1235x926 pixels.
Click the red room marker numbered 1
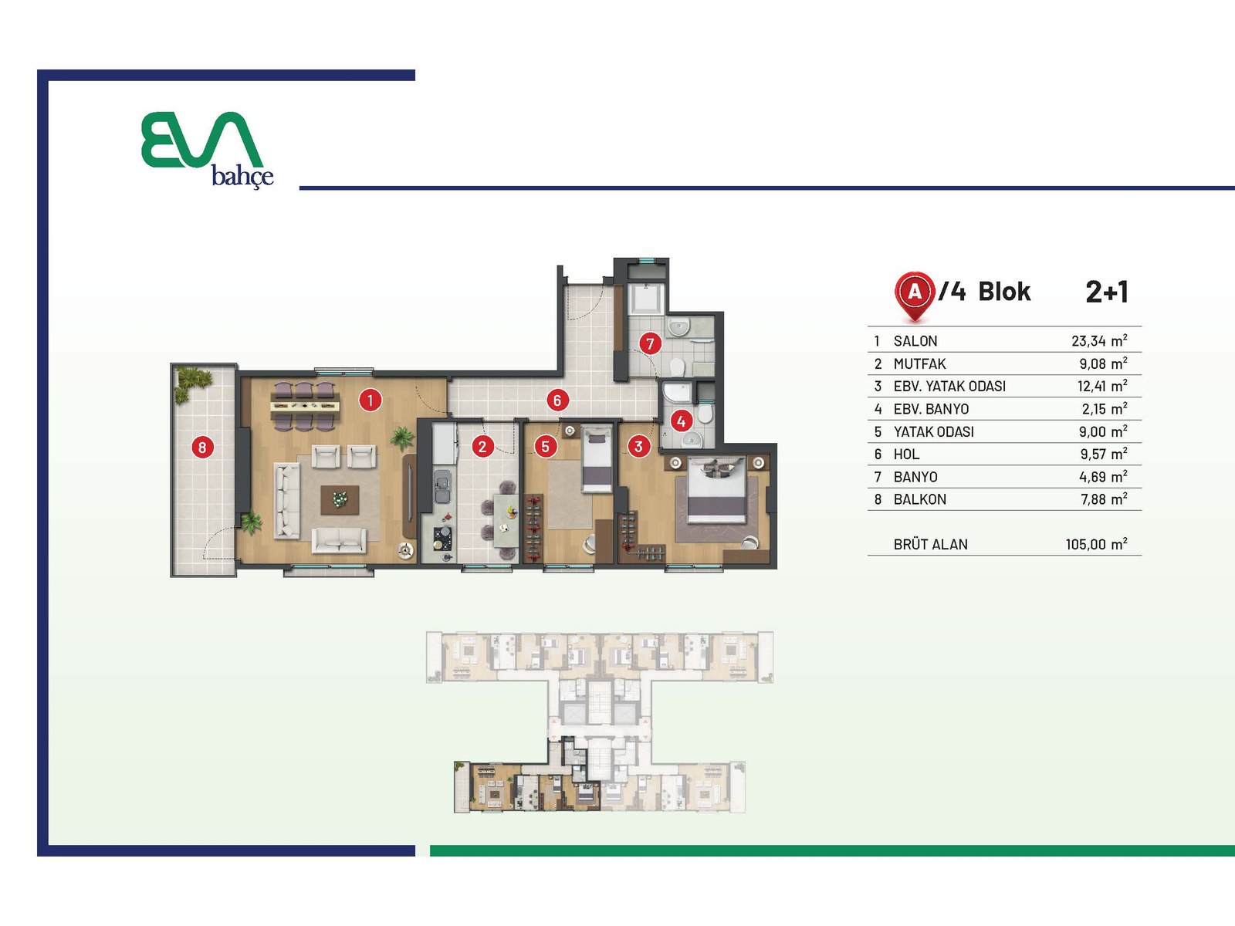(370, 400)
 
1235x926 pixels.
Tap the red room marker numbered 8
(202, 448)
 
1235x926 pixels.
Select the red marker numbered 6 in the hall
(557, 400)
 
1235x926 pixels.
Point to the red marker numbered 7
(650, 343)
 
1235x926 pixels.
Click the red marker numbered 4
(682, 421)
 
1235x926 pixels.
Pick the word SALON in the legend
(915, 341)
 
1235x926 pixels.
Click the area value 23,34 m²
(1099, 341)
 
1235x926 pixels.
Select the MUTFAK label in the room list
(920, 364)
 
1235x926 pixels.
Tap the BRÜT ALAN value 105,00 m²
(1096, 544)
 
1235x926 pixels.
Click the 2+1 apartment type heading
(1107, 292)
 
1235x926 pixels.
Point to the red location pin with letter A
(915, 296)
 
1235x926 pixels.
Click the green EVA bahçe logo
(207, 149)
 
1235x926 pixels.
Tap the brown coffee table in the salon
(340, 500)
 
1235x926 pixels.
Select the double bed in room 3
(716, 490)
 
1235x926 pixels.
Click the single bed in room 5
(597, 459)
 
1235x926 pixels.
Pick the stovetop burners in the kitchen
(443, 538)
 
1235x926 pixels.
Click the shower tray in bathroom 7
(647, 299)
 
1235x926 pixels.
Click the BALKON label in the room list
(920, 499)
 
